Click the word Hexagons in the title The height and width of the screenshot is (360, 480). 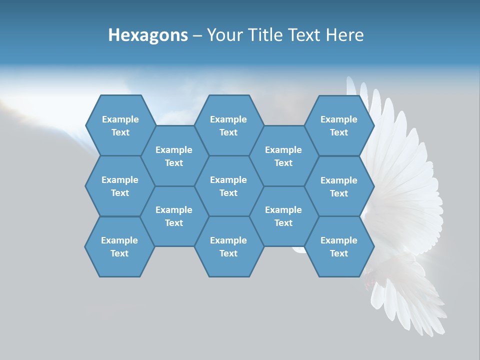[148, 35]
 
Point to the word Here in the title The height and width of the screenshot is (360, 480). [345, 35]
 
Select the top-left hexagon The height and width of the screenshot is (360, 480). [120, 125]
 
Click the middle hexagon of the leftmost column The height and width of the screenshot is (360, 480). [120, 186]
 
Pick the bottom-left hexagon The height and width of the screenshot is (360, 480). [119, 246]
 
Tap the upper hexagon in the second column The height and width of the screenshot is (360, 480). [174, 156]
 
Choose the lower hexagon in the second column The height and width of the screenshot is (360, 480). [174, 216]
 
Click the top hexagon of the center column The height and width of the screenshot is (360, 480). [228, 125]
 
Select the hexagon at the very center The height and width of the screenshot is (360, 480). [228, 186]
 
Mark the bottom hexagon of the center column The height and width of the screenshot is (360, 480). [228, 246]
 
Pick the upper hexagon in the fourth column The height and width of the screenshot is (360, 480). [283, 156]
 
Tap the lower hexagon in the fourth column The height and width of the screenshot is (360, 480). [283, 216]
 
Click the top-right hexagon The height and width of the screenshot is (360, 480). [339, 125]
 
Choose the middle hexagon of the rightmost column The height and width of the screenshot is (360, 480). [339, 186]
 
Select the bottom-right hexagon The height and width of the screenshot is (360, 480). [339, 246]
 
